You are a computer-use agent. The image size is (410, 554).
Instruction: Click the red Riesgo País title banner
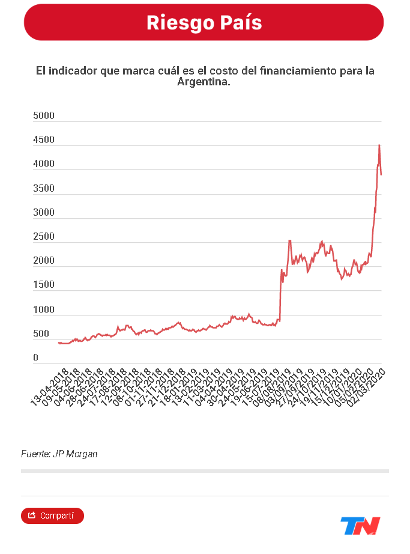coord(204,23)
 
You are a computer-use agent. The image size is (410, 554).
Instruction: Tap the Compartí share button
coord(52,516)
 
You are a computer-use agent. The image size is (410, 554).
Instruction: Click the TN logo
coord(360,526)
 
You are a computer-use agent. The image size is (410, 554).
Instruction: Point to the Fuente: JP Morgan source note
coord(59,454)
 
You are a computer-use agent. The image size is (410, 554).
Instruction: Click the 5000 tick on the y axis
coord(44,115)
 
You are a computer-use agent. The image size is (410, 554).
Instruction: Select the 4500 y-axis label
coord(44,140)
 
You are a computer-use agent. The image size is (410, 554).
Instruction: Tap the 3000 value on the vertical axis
coord(44,213)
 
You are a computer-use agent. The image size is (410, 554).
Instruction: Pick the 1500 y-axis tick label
coord(44,285)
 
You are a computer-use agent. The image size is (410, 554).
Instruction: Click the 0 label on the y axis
coord(36,358)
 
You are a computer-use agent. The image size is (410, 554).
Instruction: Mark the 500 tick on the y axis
coord(41,334)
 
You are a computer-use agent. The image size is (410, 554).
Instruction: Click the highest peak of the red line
coord(379,145)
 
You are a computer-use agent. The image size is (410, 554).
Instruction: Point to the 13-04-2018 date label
coord(50,385)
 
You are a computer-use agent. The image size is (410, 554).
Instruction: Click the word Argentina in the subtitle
coord(202,82)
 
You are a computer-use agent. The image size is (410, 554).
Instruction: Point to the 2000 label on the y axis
coord(44,261)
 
